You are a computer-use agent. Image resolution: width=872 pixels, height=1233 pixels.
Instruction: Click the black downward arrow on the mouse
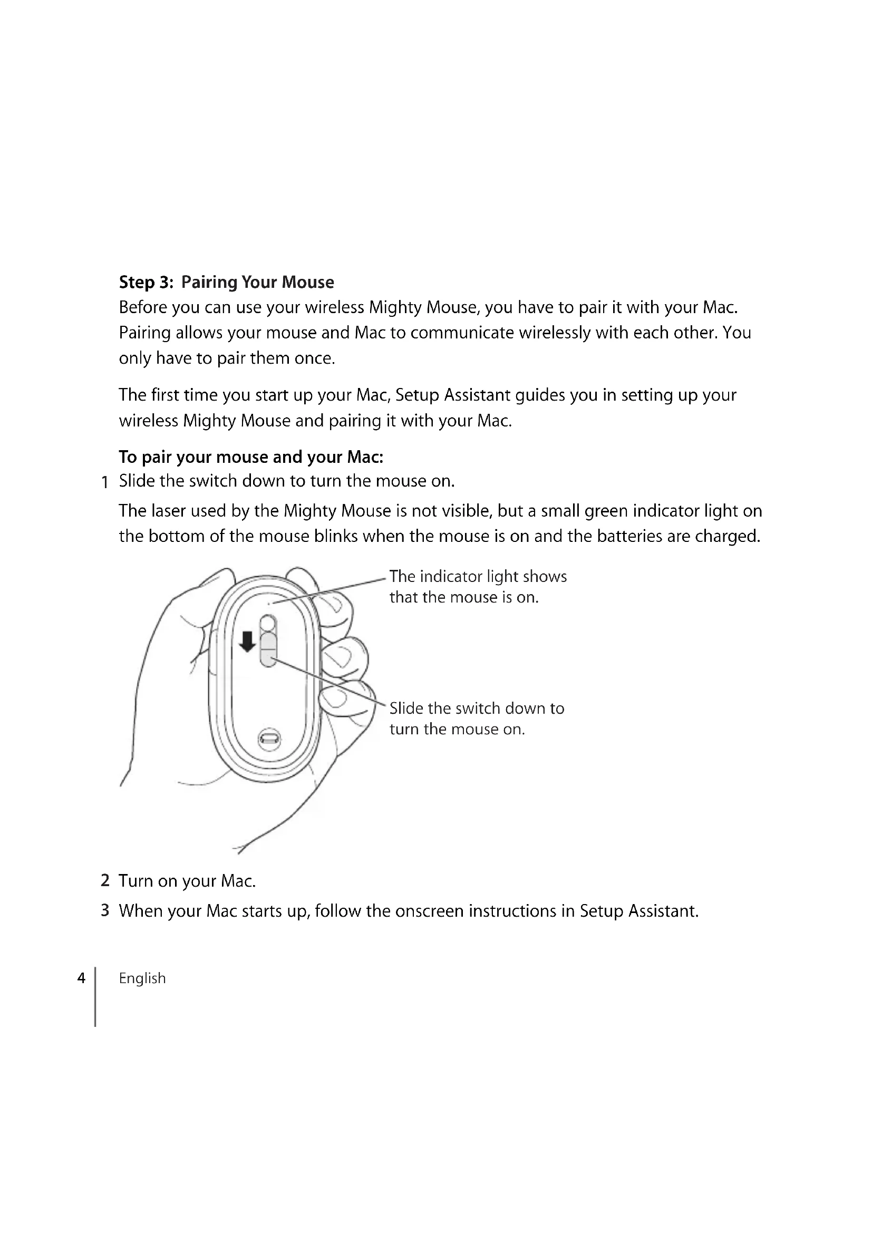tap(247, 641)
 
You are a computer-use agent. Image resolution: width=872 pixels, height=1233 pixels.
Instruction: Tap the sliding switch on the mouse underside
tap(268, 649)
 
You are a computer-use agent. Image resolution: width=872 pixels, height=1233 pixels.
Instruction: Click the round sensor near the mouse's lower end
tap(269, 740)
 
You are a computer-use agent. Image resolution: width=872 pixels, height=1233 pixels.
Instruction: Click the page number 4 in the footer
tap(81, 978)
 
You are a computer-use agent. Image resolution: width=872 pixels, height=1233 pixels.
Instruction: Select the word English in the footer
tap(142, 978)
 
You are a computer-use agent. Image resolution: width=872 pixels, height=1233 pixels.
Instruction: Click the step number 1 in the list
tap(105, 482)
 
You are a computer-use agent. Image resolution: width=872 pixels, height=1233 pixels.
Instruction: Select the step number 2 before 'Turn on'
tap(105, 881)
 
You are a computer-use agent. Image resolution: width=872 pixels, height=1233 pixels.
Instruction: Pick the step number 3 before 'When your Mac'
tap(105, 911)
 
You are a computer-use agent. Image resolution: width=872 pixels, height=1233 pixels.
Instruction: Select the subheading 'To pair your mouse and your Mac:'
tap(251, 457)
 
